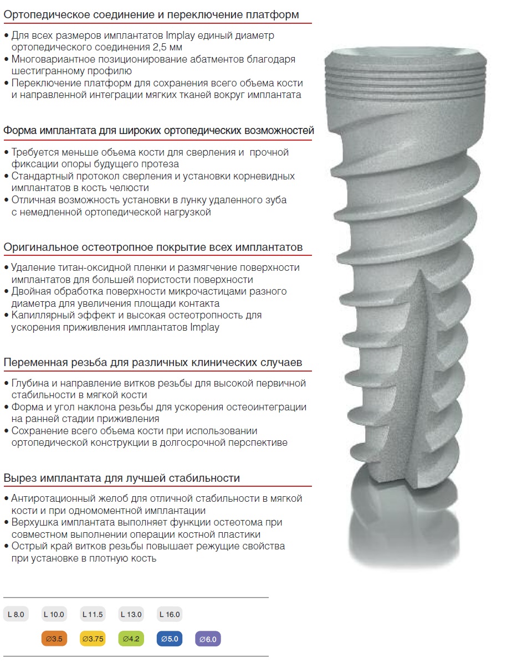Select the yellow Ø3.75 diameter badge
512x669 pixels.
[x=93, y=639]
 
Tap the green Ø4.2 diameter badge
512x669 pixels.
[x=131, y=639]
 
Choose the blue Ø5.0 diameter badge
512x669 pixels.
[x=170, y=639]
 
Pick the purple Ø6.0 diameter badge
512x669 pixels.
[x=208, y=639]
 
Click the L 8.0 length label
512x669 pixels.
[x=16, y=614]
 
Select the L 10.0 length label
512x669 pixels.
[x=54, y=614]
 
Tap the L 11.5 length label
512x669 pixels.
[x=93, y=614]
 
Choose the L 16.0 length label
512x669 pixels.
[x=170, y=614]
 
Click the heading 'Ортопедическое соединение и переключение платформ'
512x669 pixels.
[x=151, y=15]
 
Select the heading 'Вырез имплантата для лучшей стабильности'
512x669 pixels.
[x=122, y=478]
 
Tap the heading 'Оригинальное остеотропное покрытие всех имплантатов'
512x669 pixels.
[x=153, y=246]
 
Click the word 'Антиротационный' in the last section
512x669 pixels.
[x=53, y=498]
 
